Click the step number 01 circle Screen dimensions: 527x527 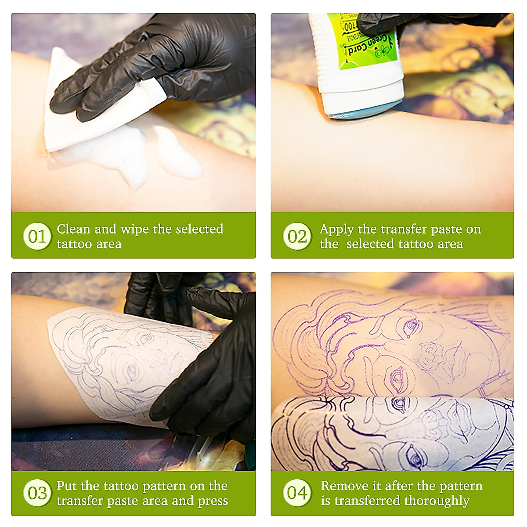37,236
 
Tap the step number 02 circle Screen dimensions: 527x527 297,236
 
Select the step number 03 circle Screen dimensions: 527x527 37,493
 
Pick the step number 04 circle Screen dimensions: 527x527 297,493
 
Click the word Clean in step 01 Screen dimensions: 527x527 73,229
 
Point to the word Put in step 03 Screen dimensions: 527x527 67,486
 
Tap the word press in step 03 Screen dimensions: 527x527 213,501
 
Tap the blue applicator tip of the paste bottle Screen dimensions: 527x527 365,112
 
